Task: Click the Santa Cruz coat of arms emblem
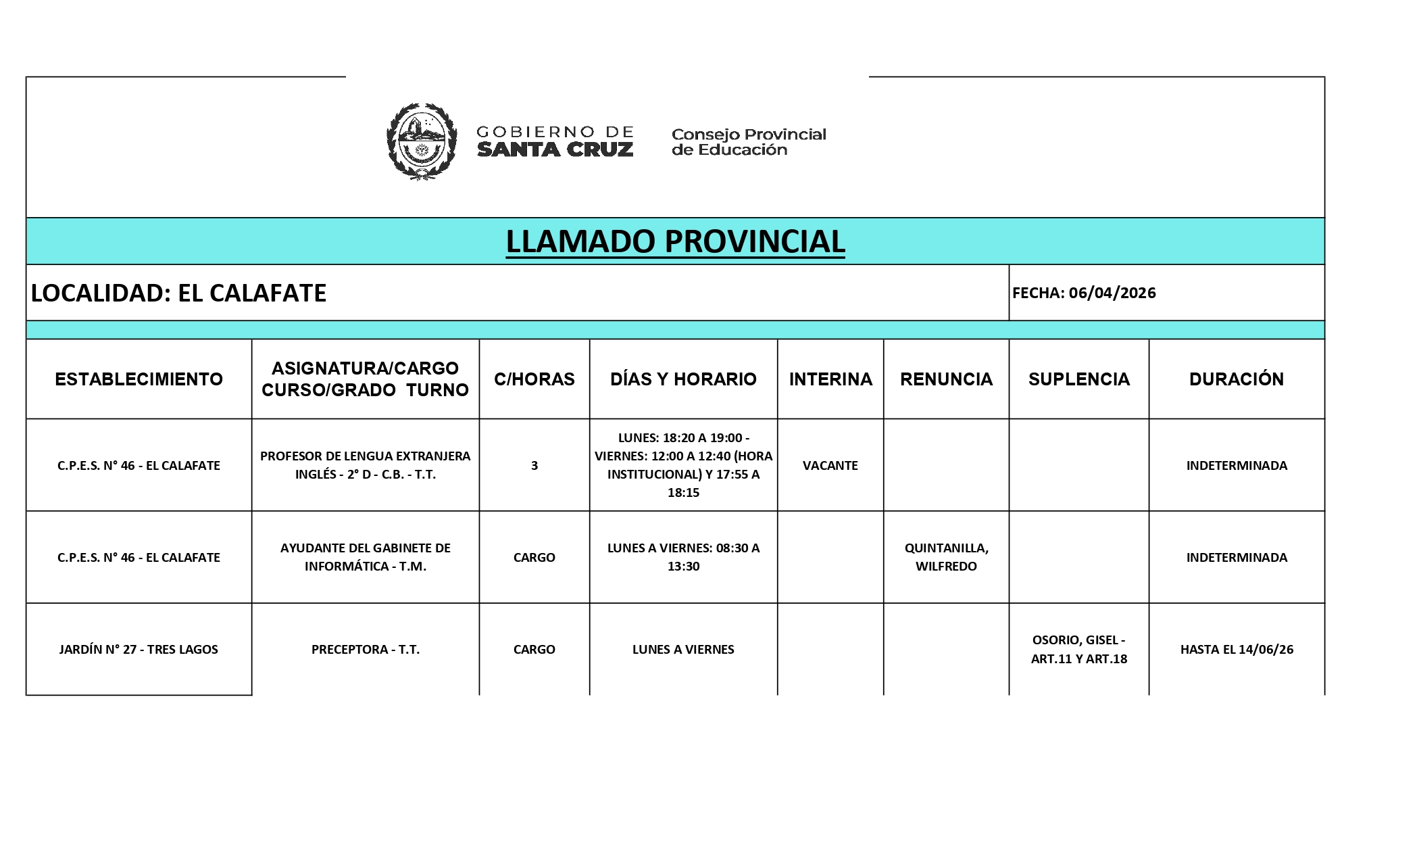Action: pyautogui.click(x=421, y=141)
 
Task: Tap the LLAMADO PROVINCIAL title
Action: pyautogui.click(x=675, y=241)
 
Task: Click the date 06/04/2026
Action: pyautogui.click(x=1112, y=293)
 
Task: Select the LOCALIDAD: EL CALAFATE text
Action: pyautogui.click(x=179, y=293)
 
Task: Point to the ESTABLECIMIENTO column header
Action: pyautogui.click(x=139, y=379)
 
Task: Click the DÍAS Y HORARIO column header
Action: pyautogui.click(x=683, y=379)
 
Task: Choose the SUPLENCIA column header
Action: pyautogui.click(x=1078, y=379)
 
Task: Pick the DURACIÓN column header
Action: pyautogui.click(x=1236, y=379)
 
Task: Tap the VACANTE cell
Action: pyautogui.click(x=830, y=465)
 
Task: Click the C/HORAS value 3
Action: pyautogui.click(x=534, y=465)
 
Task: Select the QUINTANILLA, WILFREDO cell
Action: pyautogui.click(x=946, y=557)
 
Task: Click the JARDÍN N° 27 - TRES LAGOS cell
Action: pyautogui.click(x=139, y=649)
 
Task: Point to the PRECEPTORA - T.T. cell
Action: pyautogui.click(x=365, y=649)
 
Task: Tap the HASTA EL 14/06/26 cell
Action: pyautogui.click(x=1236, y=649)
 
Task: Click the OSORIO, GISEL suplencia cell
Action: pyautogui.click(x=1078, y=649)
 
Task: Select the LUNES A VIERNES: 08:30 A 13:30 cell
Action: pyautogui.click(x=683, y=557)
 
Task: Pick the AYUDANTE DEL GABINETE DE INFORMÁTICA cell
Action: pyautogui.click(x=365, y=557)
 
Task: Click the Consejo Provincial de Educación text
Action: pyautogui.click(x=748, y=142)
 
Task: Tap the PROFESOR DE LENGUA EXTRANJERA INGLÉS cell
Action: pyautogui.click(x=365, y=465)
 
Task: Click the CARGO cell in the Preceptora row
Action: pyautogui.click(x=534, y=649)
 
